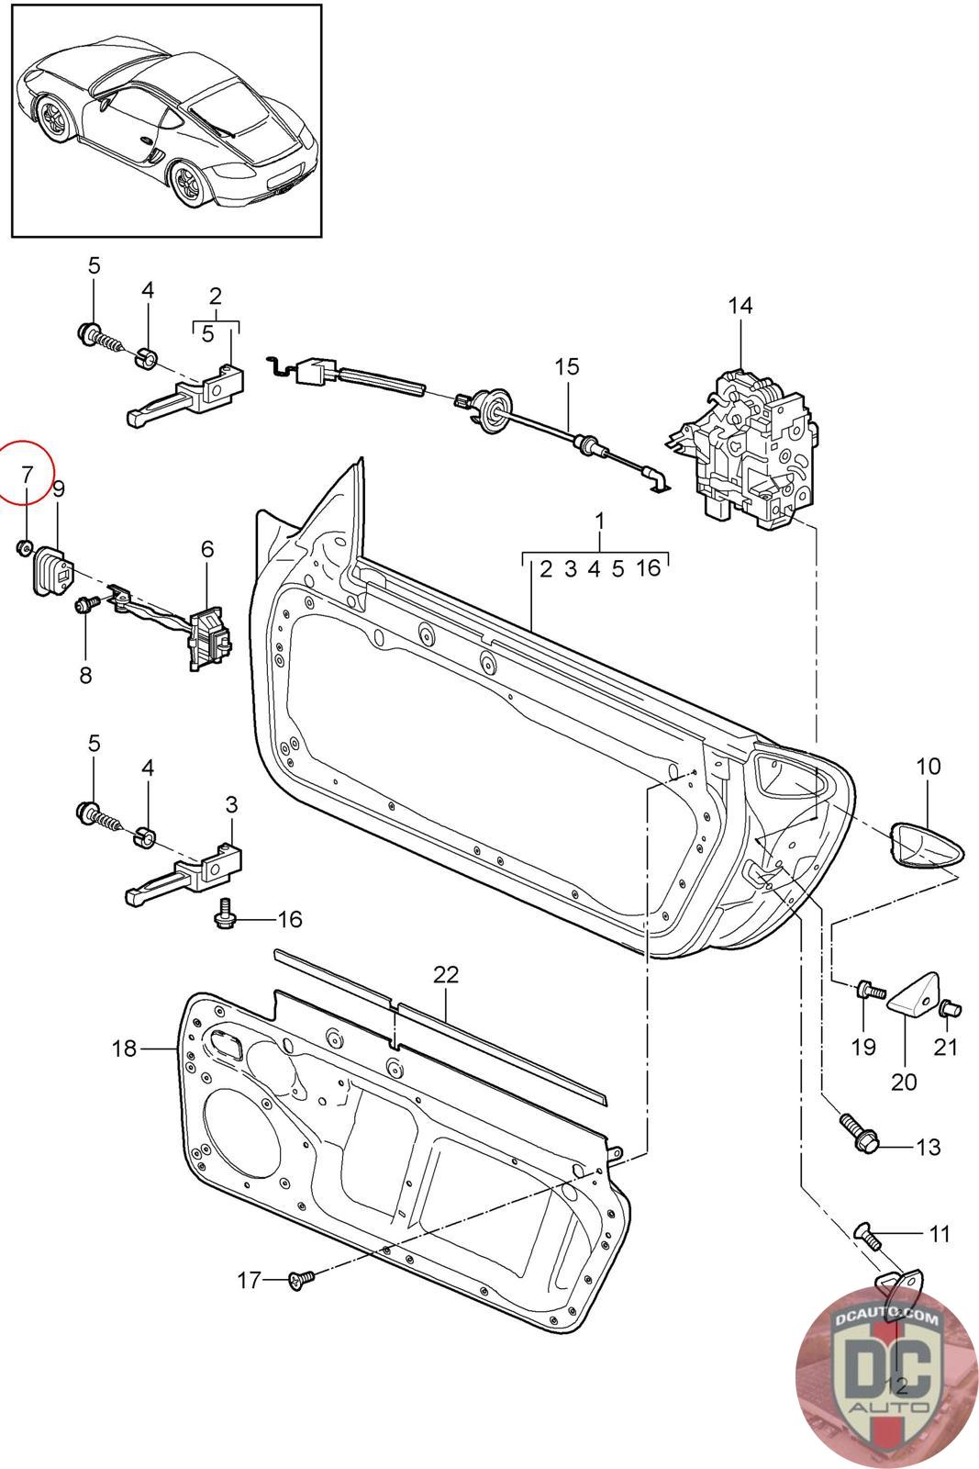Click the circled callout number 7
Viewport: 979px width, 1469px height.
[x=27, y=475]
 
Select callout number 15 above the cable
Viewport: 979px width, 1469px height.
[x=567, y=366]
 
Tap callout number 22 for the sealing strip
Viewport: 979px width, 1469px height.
[x=446, y=974]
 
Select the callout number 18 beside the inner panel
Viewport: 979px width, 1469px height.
[x=125, y=1048]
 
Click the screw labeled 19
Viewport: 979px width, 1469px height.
[x=868, y=992]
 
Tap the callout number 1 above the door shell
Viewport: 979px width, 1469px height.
[x=599, y=521]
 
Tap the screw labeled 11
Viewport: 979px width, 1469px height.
[x=867, y=1235]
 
